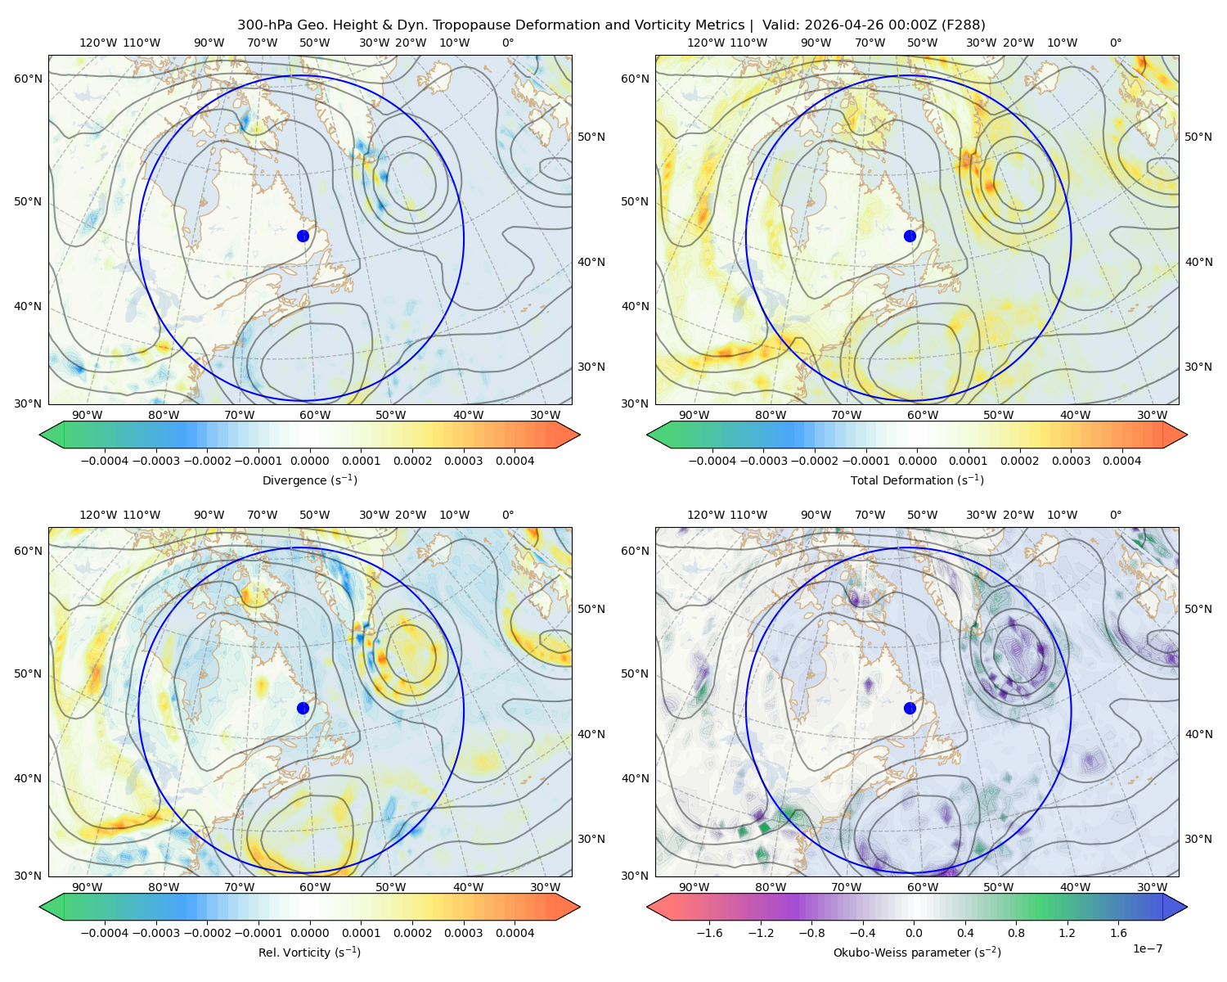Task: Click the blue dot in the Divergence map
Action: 303,236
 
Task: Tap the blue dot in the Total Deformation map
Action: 910,236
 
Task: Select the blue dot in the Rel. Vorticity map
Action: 303,708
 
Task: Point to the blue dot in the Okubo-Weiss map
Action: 910,708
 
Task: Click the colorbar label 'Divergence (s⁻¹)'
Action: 309,480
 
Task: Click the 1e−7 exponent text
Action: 1147,948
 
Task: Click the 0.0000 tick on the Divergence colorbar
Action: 309,461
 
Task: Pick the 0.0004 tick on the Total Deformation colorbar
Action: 1121,461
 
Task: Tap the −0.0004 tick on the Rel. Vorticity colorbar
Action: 105,932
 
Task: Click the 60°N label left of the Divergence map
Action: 28,79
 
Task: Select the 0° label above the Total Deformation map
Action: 1115,43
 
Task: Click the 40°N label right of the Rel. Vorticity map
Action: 591,734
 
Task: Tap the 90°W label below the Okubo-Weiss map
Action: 694,887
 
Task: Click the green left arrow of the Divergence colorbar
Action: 52,435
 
